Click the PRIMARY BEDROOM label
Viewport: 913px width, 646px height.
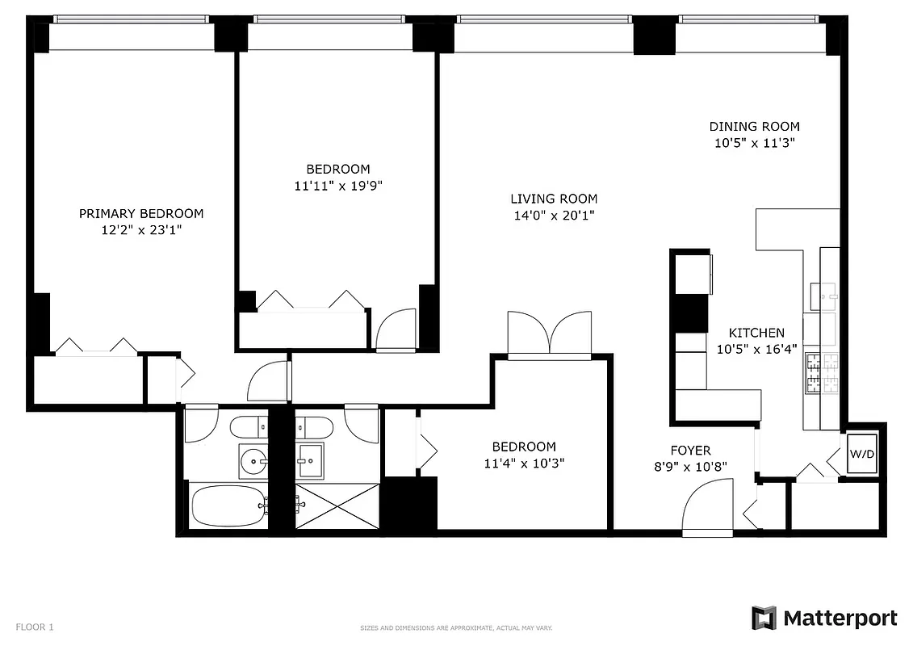pyautogui.click(x=141, y=214)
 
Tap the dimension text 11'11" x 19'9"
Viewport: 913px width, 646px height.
pyautogui.click(x=337, y=186)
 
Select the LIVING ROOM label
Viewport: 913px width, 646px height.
pyautogui.click(x=554, y=199)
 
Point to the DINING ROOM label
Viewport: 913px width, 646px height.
pyautogui.click(x=754, y=126)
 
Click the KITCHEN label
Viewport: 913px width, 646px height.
pyautogui.click(x=756, y=333)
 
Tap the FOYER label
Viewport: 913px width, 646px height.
pyautogui.click(x=690, y=451)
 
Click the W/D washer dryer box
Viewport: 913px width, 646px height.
pyautogui.click(x=861, y=454)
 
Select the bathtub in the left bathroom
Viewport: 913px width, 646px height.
pyautogui.click(x=227, y=505)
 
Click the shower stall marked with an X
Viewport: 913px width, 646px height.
pyautogui.click(x=337, y=506)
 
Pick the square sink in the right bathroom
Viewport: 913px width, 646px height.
pyautogui.click(x=309, y=460)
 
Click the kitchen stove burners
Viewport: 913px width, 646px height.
pyautogui.click(x=811, y=372)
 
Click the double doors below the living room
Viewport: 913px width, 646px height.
pyautogui.click(x=549, y=333)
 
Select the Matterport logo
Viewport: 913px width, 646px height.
pyautogui.click(x=824, y=619)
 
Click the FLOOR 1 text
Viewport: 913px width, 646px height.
pyautogui.click(x=35, y=627)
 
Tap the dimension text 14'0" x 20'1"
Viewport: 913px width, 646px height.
pyautogui.click(x=554, y=216)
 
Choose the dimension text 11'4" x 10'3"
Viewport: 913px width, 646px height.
pyautogui.click(x=524, y=464)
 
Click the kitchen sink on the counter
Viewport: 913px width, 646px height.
pyautogui.click(x=823, y=297)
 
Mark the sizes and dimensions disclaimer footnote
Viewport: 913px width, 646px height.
pyautogui.click(x=455, y=627)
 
